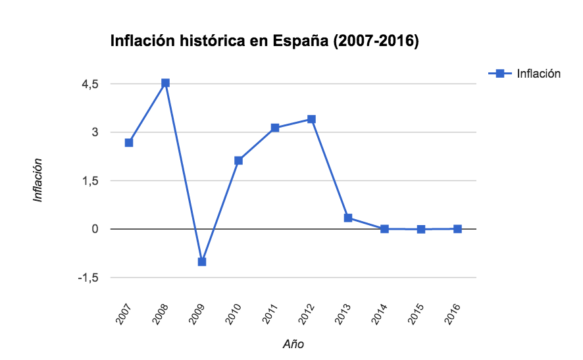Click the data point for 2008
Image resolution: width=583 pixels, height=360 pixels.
[x=165, y=83]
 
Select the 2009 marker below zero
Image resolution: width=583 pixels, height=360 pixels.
[x=202, y=262]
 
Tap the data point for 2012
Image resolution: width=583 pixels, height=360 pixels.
[x=311, y=119]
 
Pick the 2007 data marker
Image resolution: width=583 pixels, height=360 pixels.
[x=129, y=142]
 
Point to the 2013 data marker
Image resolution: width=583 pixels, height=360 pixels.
[x=348, y=218]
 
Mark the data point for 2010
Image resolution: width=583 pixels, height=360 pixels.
[x=238, y=161]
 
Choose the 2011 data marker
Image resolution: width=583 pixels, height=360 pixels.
[x=275, y=128]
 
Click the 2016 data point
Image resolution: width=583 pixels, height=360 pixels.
[x=457, y=229]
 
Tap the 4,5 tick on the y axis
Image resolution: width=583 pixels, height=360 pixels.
[x=91, y=84]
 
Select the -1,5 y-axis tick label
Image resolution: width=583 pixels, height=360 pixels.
[x=89, y=278]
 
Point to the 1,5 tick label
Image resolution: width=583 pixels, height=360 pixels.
[x=91, y=181]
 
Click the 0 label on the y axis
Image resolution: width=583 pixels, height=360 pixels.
[x=95, y=229]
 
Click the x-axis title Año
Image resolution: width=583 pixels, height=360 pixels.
[x=293, y=344]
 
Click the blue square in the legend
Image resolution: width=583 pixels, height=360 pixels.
[x=499, y=73]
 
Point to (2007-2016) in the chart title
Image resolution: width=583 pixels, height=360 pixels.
[x=376, y=41]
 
